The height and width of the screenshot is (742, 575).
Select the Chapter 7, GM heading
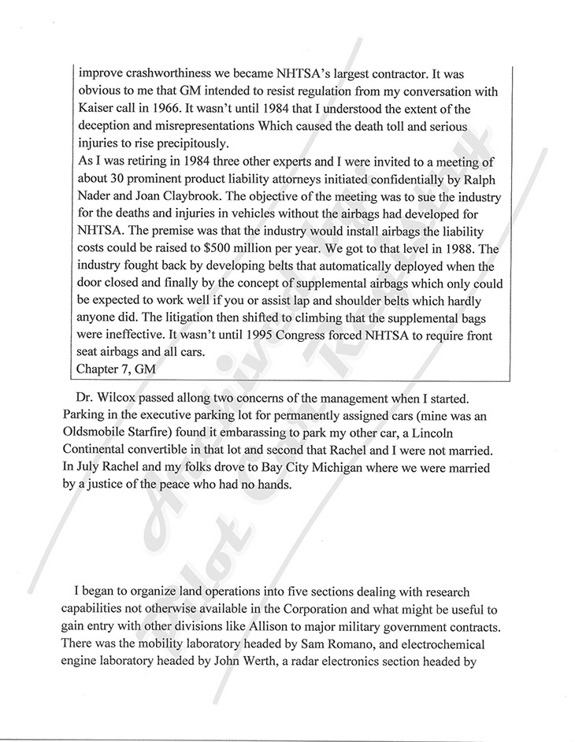[120, 368]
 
